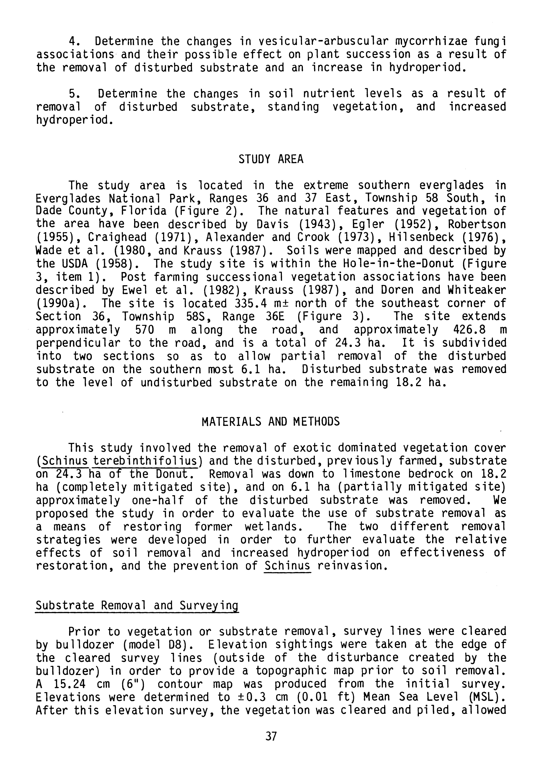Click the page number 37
click(x=271, y=736)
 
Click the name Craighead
click(x=118, y=237)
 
